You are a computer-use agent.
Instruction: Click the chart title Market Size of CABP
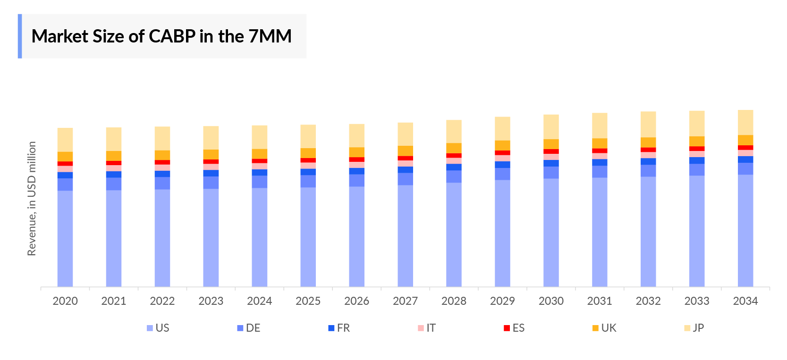pyautogui.click(x=161, y=36)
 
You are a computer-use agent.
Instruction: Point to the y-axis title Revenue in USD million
pyautogui.click(x=32, y=199)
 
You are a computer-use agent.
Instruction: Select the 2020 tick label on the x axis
pyautogui.click(x=65, y=301)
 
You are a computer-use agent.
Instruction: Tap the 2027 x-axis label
pyautogui.click(x=405, y=301)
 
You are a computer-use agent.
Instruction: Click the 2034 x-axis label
pyautogui.click(x=745, y=301)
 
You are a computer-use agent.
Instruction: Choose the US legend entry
pyautogui.click(x=158, y=328)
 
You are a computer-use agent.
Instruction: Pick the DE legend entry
pyautogui.click(x=249, y=328)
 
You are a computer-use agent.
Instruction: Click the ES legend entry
pyautogui.click(x=514, y=328)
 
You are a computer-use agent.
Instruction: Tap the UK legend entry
pyautogui.click(x=604, y=328)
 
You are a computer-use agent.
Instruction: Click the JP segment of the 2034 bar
pyautogui.click(x=745, y=122)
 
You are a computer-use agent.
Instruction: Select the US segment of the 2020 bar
pyautogui.click(x=65, y=238)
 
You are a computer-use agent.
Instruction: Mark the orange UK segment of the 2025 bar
pyautogui.click(x=308, y=153)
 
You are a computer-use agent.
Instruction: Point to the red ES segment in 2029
pyautogui.click(x=502, y=153)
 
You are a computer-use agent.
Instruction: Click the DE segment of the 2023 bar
pyautogui.click(x=211, y=183)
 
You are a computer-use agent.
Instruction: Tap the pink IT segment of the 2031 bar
pyautogui.click(x=600, y=156)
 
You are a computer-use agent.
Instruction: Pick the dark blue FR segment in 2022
pyautogui.click(x=162, y=174)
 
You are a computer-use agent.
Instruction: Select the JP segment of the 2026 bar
pyautogui.click(x=357, y=135)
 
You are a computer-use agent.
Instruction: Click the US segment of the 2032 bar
pyautogui.click(x=648, y=231)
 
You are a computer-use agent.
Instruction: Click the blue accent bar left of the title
pyautogui.click(x=20, y=36)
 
